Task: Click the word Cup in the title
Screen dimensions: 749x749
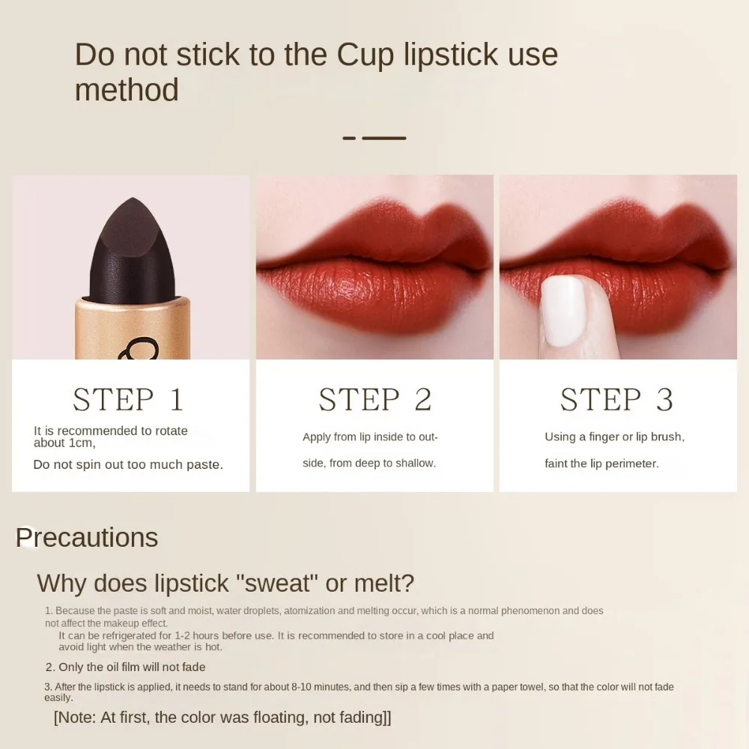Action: [364, 55]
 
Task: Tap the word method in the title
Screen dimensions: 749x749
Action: [127, 91]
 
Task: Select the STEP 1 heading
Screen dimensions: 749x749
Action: [128, 400]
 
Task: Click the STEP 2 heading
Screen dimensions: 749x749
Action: [374, 400]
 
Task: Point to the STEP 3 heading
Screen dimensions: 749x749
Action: [616, 400]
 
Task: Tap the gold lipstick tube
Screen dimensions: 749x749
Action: [132, 330]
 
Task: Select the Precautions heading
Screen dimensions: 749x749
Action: [87, 538]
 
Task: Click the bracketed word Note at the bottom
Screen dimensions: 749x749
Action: [77, 718]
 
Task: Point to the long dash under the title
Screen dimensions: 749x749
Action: [384, 139]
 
